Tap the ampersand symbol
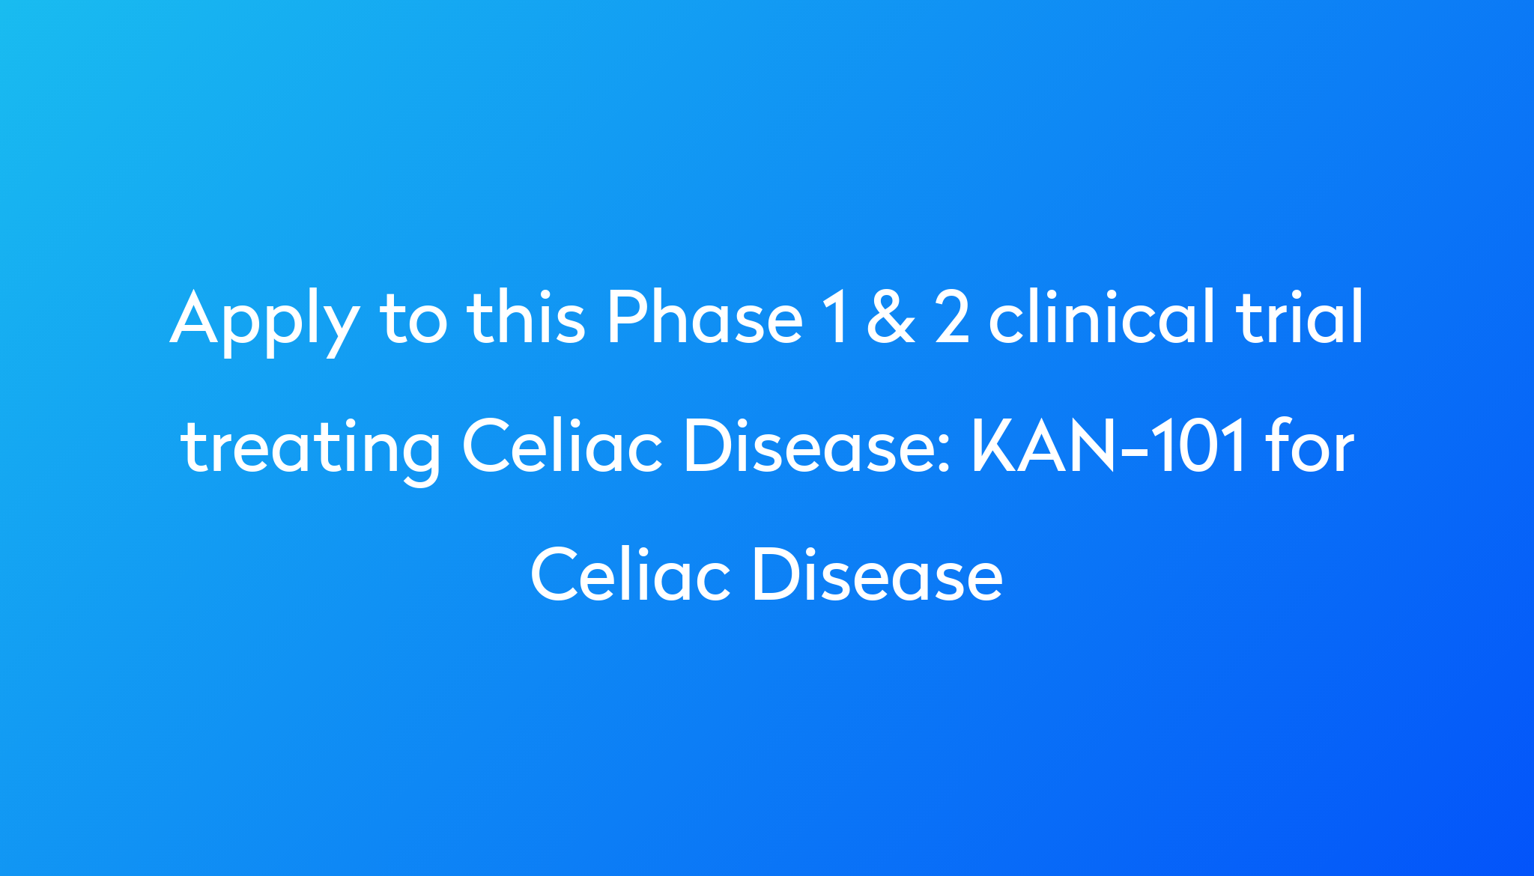click(891, 317)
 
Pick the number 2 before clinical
click(954, 317)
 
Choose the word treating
click(310, 448)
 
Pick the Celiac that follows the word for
click(630, 576)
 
